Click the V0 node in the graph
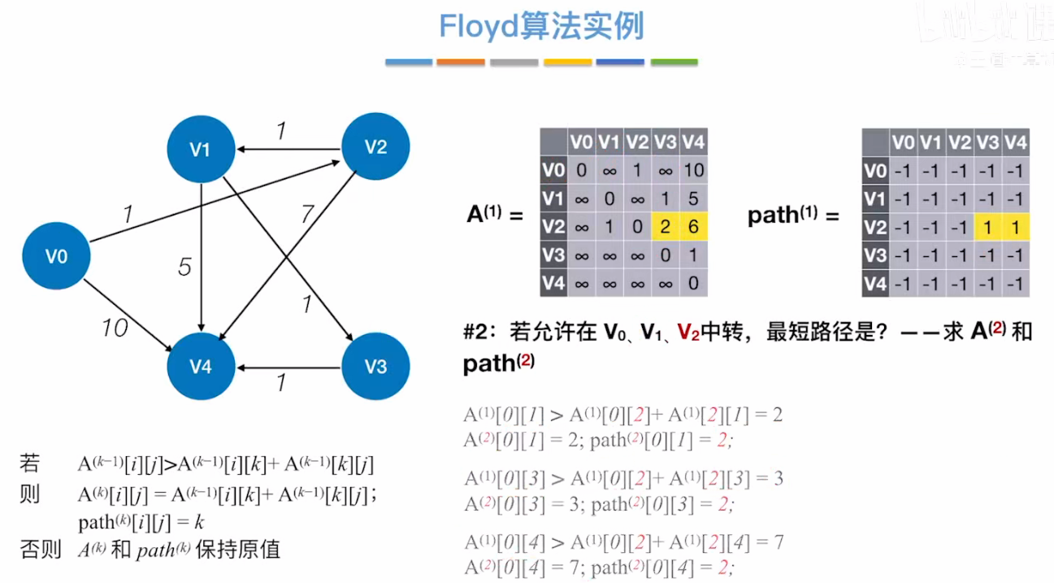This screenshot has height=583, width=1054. pyautogui.click(x=56, y=257)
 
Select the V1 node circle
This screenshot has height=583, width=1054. pyautogui.click(x=200, y=149)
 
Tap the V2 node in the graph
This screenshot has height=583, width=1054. pyautogui.click(x=375, y=147)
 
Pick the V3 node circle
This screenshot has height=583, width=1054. pyautogui.click(x=375, y=367)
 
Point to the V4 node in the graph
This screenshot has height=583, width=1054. pyautogui.click(x=201, y=367)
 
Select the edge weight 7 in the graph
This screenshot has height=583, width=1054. pyautogui.click(x=306, y=215)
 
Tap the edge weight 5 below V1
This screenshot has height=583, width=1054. pyautogui.click(x=185, y=267)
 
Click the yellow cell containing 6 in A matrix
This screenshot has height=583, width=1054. pyautogui.click(x=693, y=227)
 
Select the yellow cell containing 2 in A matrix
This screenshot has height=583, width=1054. pyautogui.click(x=666, y=227)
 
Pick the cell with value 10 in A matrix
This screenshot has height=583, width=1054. pyautogui.click(x=693, y=171)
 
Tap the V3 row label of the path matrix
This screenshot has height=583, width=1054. pyautogui.click(x=875, y=255)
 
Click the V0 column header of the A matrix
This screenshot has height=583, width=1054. pyautogui.click(x=581, y=143)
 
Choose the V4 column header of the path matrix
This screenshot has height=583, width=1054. pyautogui.click(x=1015, y=143)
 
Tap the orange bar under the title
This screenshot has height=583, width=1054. pyautogui.click(x=461, y=62)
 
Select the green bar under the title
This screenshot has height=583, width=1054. pyautogui.click(x=674, y=62)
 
